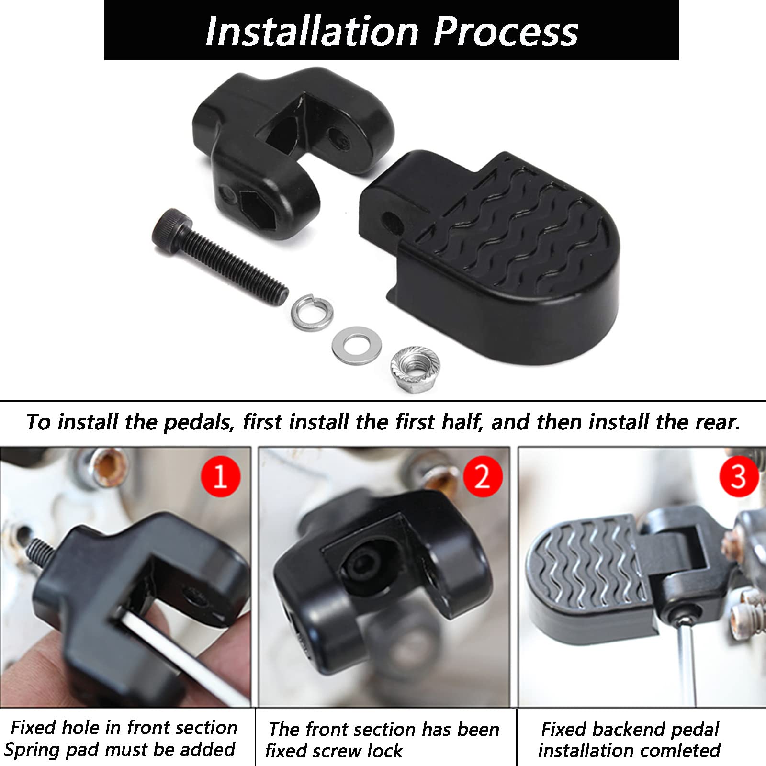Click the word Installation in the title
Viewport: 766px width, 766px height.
312,32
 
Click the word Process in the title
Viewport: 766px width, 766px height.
506,32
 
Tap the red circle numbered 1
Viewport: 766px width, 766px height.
220,476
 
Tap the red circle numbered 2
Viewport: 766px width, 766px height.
483,476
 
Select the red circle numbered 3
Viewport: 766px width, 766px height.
739,476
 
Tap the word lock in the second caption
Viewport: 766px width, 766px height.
383,750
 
